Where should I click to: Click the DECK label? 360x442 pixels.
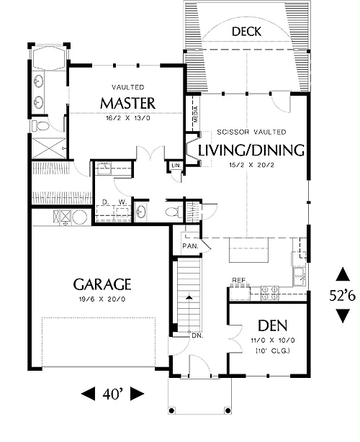pyautogui.click(x=246, y=31)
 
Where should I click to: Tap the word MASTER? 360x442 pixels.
pyautogui.click(x=127, y=103)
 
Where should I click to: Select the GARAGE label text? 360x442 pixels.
pyautogui.click(x=102, y=284)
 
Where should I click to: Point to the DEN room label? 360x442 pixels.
pyautogui.click(x=273, y=326)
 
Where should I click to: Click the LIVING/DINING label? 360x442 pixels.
pyautogui.click(x=251, y=150)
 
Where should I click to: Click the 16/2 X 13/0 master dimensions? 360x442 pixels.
pyautogui.click(x=128, y=118)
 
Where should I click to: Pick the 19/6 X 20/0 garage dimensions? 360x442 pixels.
pyautogui.click(x=102, y=299)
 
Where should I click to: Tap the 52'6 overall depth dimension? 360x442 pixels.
pyautogui.click(x=343, y=296)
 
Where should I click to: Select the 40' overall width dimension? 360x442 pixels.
pyautogui.click(x=113, y=394)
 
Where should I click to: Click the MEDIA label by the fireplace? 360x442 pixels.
pyautogui.click(x=196, y=114)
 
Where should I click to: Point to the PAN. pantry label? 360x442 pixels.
pyautogui.click(x=190, y=246)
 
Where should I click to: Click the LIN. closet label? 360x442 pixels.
pyautogui.click(x=176, y=166)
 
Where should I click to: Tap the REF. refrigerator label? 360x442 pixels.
pyautogui.click(x=240, y=280)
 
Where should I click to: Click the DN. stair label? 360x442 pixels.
pyautogui.click(x=197, y=335)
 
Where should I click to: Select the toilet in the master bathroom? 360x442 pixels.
pyautogui.click(x=40, y=126)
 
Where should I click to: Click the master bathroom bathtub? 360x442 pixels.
pyautogui.click(x=49, y=58)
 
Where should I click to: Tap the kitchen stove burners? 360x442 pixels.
pyautogui.click(x=270, y=293)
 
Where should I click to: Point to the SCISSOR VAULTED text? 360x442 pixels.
pyautogui.click(x=251, y=132)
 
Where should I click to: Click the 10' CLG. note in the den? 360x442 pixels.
pyautogui.click(x=273, y=351)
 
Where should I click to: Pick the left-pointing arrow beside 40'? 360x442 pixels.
pyautogui.click(x=89, y=394)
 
